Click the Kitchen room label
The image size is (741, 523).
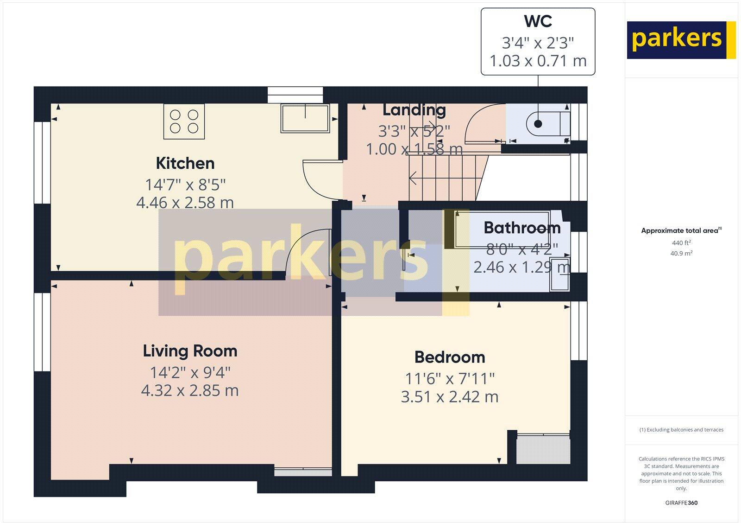pos(185,163)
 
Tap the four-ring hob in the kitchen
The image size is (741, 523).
pos(184,121)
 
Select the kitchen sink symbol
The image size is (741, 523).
pos(305,118)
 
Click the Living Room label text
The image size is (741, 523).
pos(190,351)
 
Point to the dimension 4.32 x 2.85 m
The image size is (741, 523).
pos(189,390)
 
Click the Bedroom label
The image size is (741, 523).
pos(449,357)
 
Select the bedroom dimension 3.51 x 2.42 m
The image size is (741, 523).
pos(449,397)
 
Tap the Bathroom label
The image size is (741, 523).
pos(522,228)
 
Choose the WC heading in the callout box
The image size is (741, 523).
pos(538,21)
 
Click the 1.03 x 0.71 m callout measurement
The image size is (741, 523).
pos(538,61)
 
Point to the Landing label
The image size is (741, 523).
pos(414,110)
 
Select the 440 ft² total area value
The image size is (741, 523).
pos(681,242)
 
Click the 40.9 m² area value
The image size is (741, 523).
pos(681,253)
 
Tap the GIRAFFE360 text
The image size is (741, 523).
pos(681,503)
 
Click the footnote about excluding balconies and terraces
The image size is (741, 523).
pos(681,430)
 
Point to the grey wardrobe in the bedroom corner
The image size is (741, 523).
pos(543,449)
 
